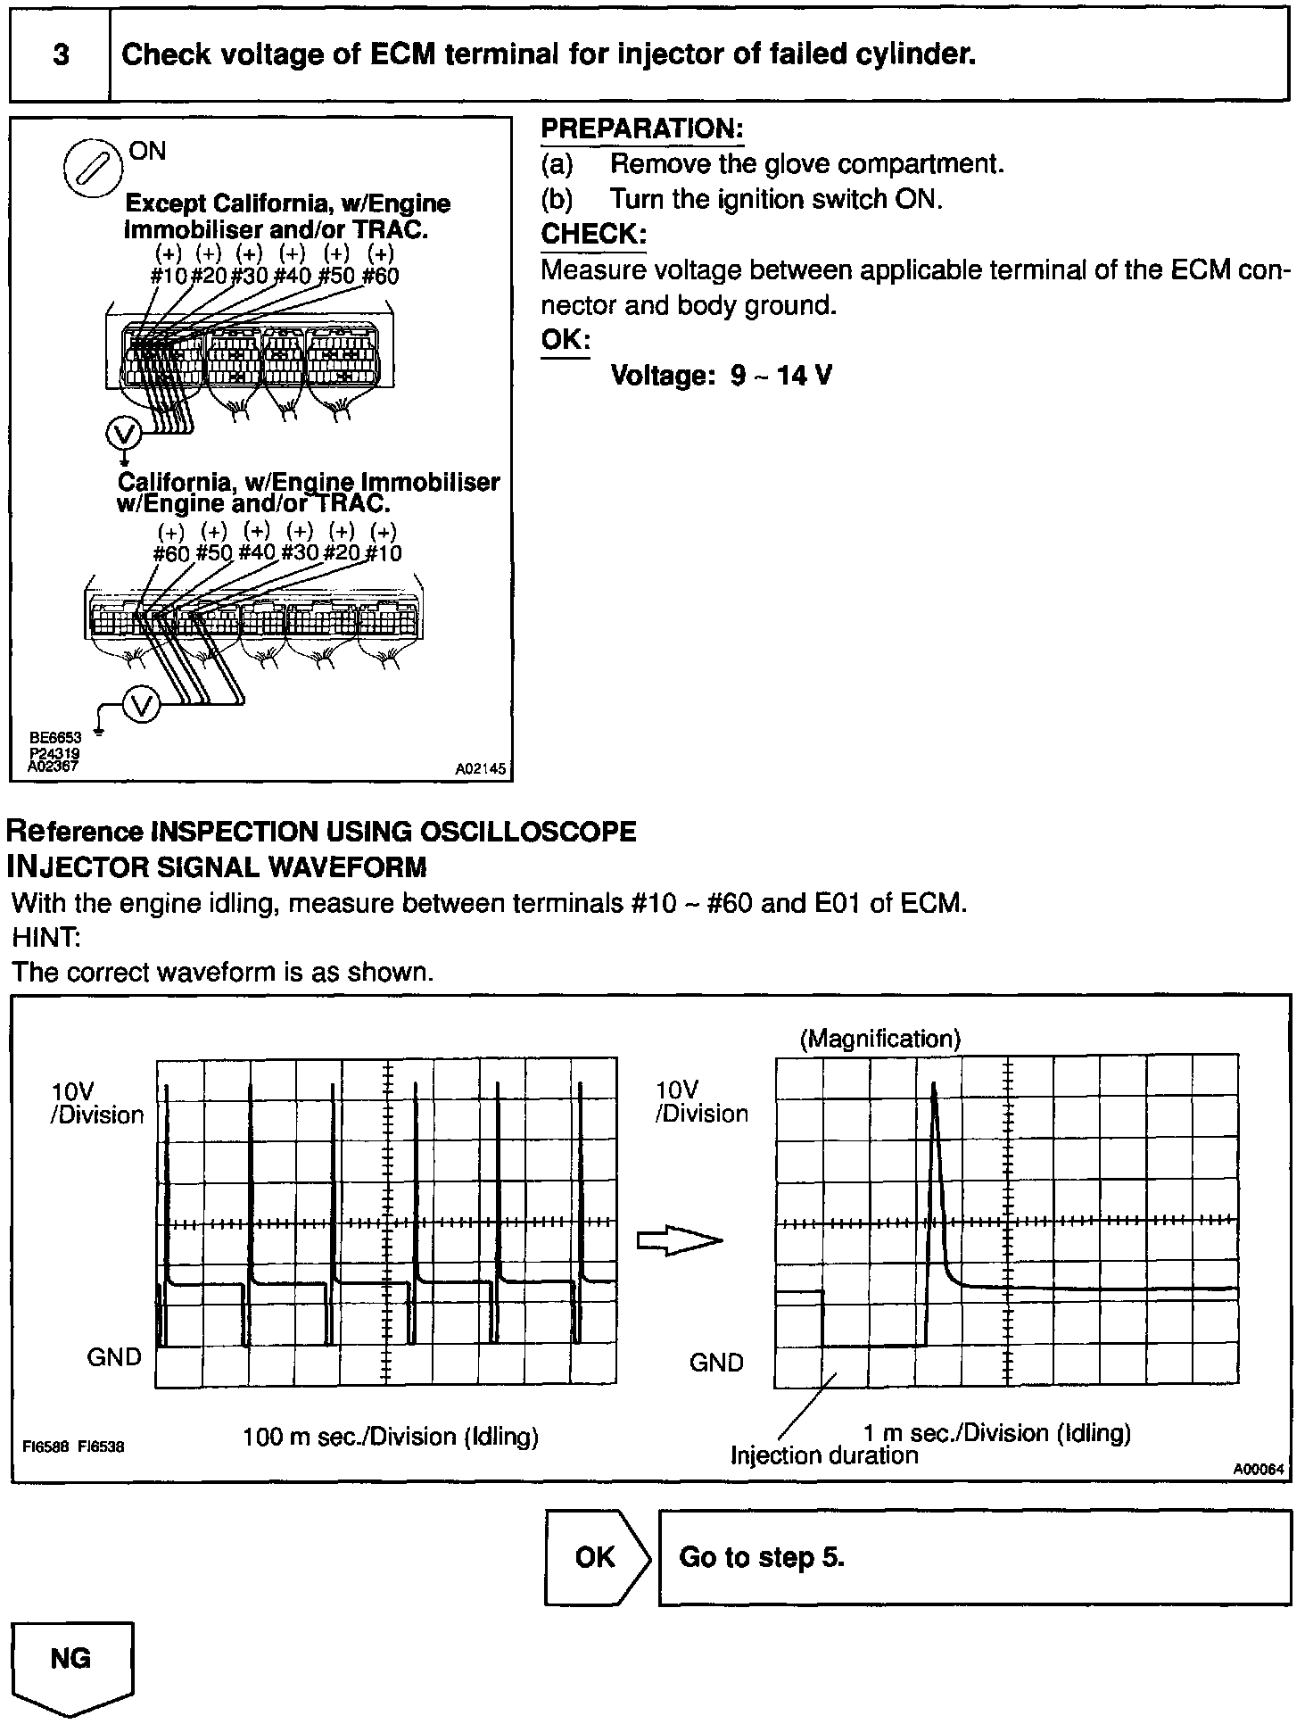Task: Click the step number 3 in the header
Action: (61, 55)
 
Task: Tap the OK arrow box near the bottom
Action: (596, 1557)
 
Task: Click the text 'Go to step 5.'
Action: (762, 1557)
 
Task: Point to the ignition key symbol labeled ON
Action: (94, 168)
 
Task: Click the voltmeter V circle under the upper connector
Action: (123, 435)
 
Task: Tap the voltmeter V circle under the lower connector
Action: (140, 705)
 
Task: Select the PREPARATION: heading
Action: (642, 128)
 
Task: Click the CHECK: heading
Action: (593, 234)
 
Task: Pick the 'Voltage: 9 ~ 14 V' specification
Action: (721, 375)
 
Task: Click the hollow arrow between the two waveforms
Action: (678, 1241)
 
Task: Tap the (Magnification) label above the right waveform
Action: (880, 1039)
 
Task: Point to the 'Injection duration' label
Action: (824, 1455)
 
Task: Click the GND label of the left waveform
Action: (114, 1357)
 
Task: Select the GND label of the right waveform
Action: (716, 1363)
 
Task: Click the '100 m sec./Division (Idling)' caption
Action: (391, 1437)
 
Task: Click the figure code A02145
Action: (480, 768)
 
